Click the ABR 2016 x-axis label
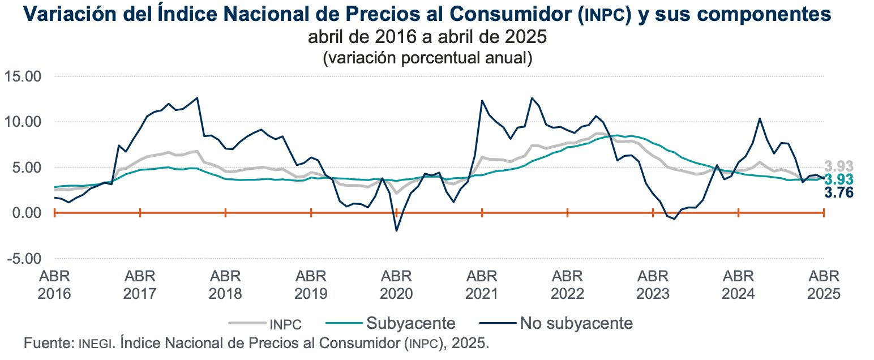pyautogui.click(x=55, y=285)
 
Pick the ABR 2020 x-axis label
pyautogui.click(x=396, y=285)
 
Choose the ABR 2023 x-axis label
pyautogui.click(x=653, y=285)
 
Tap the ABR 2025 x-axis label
pyautogui.click(x=824, y=285)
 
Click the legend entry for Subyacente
pyautogui.click(x=410, y=323)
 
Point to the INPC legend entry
pyautogui.click(x=285, y=324)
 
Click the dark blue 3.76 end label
pyautogui.click(x=838, y=193)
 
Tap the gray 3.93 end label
pyautogui.click(x=838, y=166)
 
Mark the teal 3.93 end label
pyautogui.click(x=838, y=180)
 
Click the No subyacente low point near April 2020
pyautogui.click(x=396, y=230)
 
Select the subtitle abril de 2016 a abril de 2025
pyautogui.click(x=427, y=37)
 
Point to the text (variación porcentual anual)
pyautogui.click(x=427, y=58)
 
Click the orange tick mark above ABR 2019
pyautogui.click(x=311, y=213)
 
